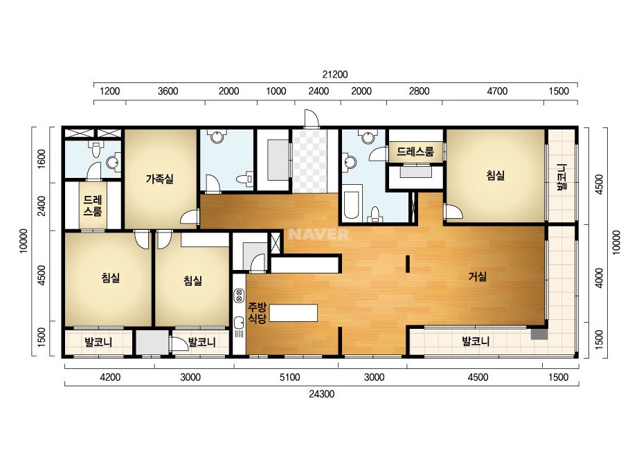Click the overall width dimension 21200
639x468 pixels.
(335, 75)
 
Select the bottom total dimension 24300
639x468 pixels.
(321, 394)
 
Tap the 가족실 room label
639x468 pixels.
(160, 179)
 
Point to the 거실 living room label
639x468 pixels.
(477, 277)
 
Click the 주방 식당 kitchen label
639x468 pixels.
(257, 313)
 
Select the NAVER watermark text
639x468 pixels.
(318, 234)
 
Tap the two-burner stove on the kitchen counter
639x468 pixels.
(240, 295)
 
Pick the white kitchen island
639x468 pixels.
(294, 313)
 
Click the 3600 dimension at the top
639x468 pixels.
(168, 91)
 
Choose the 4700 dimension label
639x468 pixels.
(497, 91)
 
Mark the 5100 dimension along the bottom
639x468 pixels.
(290, 377)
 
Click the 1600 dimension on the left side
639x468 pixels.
(42, 159)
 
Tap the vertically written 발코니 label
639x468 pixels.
(562, 177)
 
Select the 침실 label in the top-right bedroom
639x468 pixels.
(495, 176)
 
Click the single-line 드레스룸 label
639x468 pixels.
(415, 152)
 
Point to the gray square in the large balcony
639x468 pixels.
(539, 334)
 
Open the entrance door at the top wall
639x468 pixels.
(312, 118)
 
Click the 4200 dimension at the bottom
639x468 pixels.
(110, 377)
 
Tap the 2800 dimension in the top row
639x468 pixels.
(419, 91)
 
